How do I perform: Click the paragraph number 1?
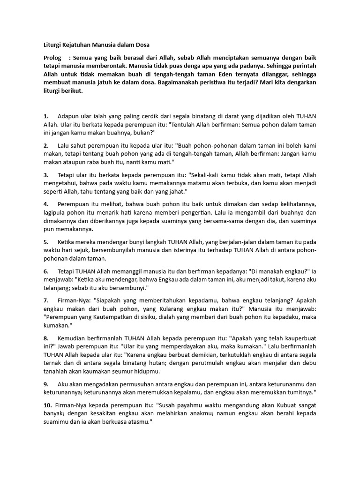[x=45, y=116]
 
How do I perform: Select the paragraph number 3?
[x=45, y=174]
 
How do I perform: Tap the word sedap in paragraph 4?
[x=259, y=204]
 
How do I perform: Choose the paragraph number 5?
[x=45, y=242]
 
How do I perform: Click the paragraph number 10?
[x=47, y=405]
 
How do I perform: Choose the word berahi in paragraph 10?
[x=274, y=413]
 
